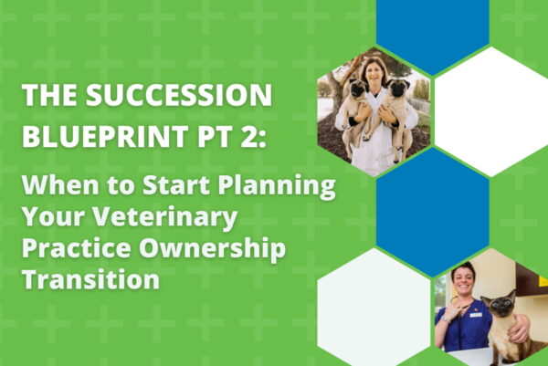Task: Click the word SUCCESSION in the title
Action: tap(179, 95)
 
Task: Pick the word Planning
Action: tap(277, 186)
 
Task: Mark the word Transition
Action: tap(90, 278)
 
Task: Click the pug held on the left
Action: tap(354, 109)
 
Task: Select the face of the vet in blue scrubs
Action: tap(462, 278)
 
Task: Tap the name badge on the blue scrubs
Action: tap(476, 316)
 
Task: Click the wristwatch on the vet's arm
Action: tap(445, 319)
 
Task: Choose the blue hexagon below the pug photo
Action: tap(432, 212)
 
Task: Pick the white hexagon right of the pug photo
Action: tap(491, 111)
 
